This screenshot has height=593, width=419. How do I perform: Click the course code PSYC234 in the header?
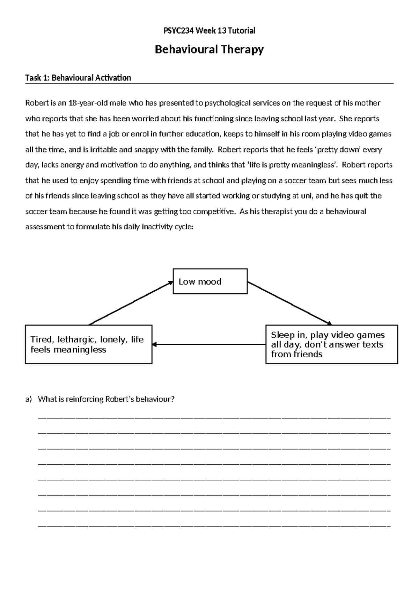pyautogui.click(x=179, y=31)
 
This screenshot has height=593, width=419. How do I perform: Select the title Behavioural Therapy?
pyautogui.click(x=209, y=50)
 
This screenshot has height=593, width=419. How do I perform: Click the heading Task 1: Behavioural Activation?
pyautogui.click(x=78, y=78)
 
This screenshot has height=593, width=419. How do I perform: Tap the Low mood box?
pyautogui.click(x=210, y=281)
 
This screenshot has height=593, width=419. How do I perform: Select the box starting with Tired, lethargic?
pyautogui.click(x=88, y=344)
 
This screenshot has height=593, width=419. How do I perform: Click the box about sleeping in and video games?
pyautogui.click(x=331, y=344)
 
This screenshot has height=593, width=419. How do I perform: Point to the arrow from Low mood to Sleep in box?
pyautogui.click(x=289, y=303)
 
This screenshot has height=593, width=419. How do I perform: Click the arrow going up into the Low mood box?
pyautogui.click(x=131, y=303)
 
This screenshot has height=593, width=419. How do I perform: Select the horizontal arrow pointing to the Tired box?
pyautogui.click(x=209, y=344)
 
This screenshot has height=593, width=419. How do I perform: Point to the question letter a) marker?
pyautogui.click(x=28, y=399)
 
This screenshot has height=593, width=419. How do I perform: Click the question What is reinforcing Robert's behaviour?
pyautogui.click(x=106, y=399)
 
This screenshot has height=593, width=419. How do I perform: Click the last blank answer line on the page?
pyautogui.click(x=214, y=526)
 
